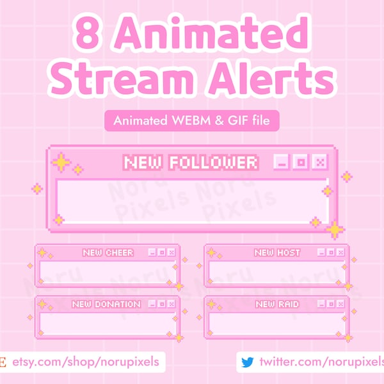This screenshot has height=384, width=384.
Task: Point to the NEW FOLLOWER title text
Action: [191, 163]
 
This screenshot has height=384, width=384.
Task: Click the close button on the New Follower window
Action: [319, 163]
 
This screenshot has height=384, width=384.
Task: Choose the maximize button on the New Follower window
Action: [300, 163]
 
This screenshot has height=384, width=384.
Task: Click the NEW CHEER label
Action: [108, 253]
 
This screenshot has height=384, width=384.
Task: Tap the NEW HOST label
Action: [277, 253]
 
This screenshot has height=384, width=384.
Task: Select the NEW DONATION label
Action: [106, 304]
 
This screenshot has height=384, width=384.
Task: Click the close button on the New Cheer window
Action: [171, 253]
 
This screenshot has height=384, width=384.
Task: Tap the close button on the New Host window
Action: [340, 253]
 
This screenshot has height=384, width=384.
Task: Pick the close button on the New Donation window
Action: [171, 304]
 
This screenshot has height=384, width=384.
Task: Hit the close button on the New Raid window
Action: [340, 304]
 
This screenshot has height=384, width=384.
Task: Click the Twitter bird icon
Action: [247, 362]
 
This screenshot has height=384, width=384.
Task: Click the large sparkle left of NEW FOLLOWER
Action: [61, 163]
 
